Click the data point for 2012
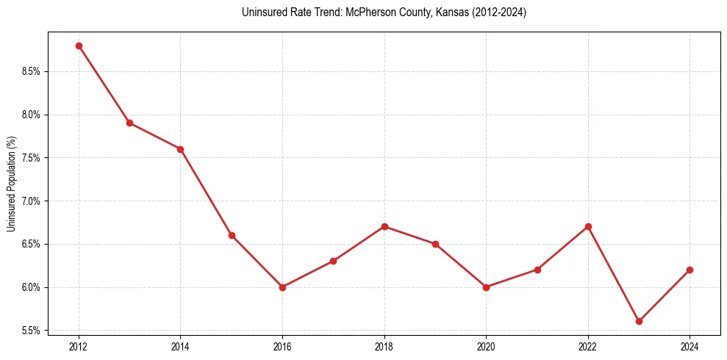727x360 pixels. coord(79,46)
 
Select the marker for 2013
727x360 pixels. coord(129,123)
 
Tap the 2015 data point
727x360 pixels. coord(232,235)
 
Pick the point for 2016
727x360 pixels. coord(282,287)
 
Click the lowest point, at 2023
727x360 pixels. coord(639,321)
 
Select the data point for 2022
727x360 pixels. coord(588,226)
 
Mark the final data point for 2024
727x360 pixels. coord(690,270)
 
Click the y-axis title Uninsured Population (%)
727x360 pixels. coord(11,184)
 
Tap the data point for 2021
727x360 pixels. coord(537,270)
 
